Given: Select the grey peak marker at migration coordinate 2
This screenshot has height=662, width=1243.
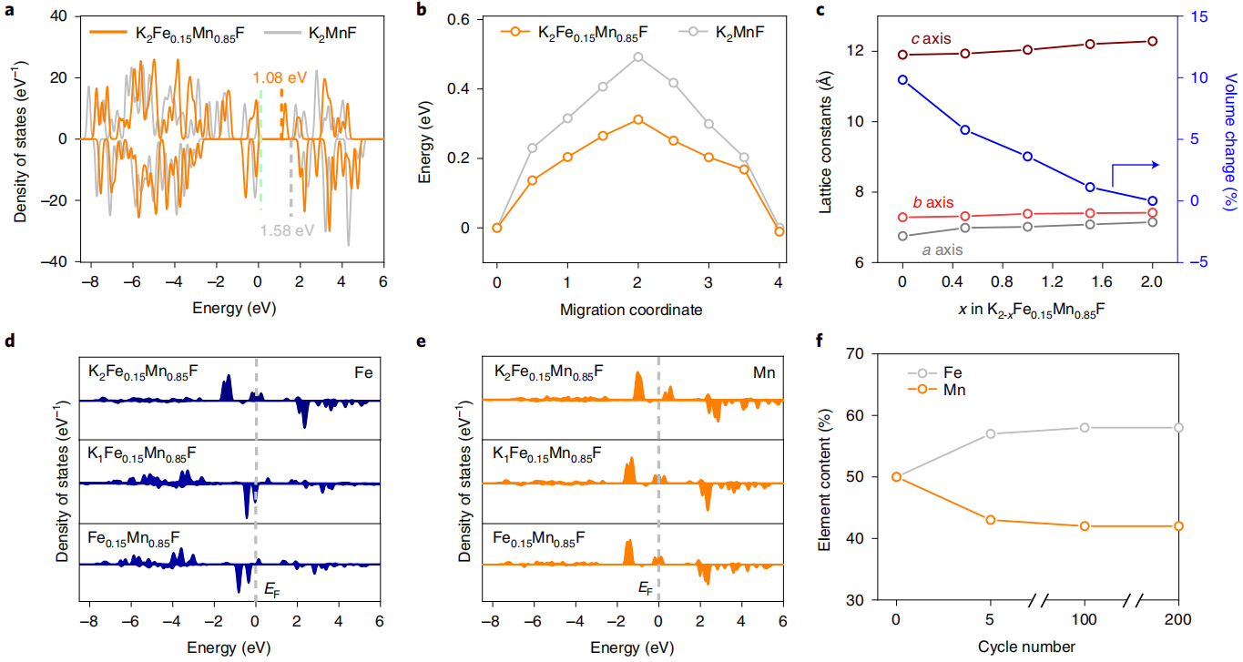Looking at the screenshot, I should [637, 56].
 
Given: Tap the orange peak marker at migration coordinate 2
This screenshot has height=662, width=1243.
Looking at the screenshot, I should [637, 119].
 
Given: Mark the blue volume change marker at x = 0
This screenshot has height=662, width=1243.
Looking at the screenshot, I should [902, 80].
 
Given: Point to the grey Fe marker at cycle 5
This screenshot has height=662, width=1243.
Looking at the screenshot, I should [990, 433].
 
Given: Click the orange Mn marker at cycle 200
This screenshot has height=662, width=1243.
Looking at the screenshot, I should [1178, 526].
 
